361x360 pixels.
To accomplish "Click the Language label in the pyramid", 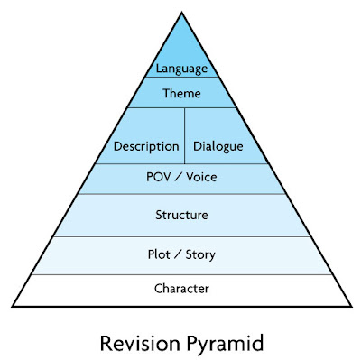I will tap(181, 69).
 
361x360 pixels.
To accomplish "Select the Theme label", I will tap(181, 93).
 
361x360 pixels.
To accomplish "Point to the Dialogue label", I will tap(219, 146).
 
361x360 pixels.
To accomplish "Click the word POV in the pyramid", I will tap(159, 177).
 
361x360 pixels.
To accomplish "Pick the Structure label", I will tap(181, 216).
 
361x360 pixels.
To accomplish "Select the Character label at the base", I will tap(181, 289).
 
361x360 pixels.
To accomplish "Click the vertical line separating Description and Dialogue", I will tap(185, 135).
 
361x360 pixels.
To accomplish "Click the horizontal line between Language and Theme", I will tap(181, 78).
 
